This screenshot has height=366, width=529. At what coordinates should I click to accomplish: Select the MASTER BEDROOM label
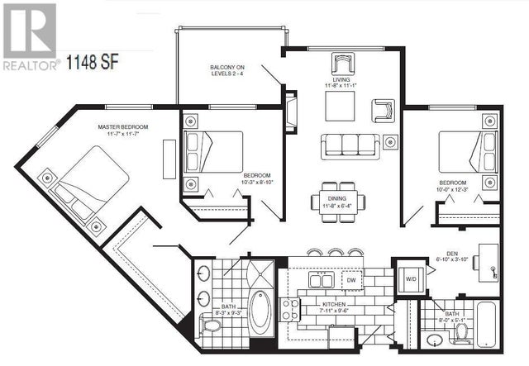[124, 126]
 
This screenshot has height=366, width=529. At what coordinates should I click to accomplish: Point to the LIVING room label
[341, 81]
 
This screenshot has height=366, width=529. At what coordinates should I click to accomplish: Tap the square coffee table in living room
[340, 106]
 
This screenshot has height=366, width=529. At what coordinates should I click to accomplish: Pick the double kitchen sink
[322, 281]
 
